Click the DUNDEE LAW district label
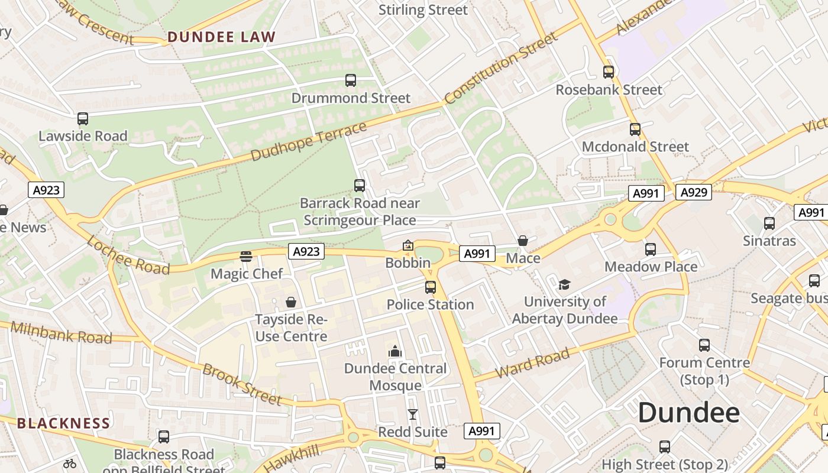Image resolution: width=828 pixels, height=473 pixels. pyautogui.click(x=221, y=37)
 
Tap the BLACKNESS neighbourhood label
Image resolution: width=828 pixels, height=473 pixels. pyautogui.click(x=63, y=423)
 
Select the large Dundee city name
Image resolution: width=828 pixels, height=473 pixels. pyautogui.click(x=688, y=413)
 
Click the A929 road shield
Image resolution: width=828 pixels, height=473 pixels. pyautogui.click(x=693, y=192)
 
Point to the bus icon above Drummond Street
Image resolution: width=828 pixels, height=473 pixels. pyautogui.click(x=351, y=80)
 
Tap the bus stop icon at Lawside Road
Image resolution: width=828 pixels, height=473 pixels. pyautogui.click(x=83, y=119)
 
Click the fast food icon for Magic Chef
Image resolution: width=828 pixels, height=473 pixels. pyautogui.click(x=246, y=257)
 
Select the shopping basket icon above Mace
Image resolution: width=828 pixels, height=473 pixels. pyautogui.click(x=523, y=241)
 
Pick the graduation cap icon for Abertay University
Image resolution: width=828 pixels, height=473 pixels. pyautogui.click(x=564, y=284)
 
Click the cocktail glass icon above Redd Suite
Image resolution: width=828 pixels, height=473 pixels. pyautogui.click(x=412, y=414)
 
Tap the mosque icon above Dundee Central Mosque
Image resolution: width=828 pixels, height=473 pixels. pyautogui.click(x=395, y=351)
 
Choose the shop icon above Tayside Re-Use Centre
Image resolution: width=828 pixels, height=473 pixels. pyautogui.click(x=290, y=302)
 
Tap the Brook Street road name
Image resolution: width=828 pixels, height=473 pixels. pyautogui.click(x=242, y=384)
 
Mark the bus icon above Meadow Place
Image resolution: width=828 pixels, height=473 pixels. pyautogui.click(x=651, y=250)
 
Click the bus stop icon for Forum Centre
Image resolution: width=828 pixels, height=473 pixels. pyautogui.click(x=704, y=345)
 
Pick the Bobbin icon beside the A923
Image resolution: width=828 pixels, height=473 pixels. pyautogui.click(x=408, y=245)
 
